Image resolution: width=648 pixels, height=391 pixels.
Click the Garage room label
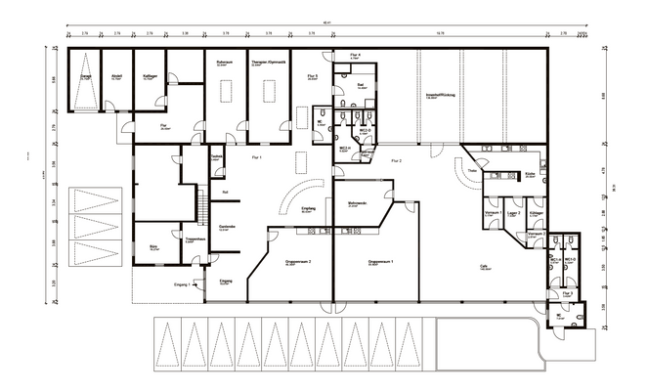click(x=86, y=76)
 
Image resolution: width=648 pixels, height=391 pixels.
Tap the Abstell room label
click(x=116, y=76)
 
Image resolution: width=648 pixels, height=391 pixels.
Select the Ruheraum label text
click(x=224, y=62)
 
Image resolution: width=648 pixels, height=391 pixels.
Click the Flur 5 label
click(x=312, y=76)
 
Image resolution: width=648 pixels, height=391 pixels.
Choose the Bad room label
click(x=360, y=86)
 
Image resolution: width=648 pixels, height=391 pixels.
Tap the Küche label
click(x=528, y=173)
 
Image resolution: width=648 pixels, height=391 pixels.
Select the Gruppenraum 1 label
click(x=380, y=263)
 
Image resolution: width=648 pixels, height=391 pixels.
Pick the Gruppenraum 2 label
click(x=297, y=263)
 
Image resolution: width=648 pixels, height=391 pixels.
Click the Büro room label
click(x=154, y=248)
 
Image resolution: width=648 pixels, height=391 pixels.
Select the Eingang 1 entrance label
click(x=182, y=283)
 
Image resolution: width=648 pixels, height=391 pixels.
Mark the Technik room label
click(x=218, y=155)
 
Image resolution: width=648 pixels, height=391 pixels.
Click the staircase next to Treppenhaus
click(x=202, y=206)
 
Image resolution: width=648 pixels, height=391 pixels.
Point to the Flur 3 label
click(x=567, y=292)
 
